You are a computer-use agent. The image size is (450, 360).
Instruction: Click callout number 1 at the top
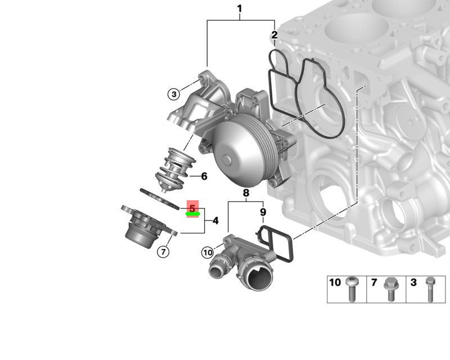tap(240, 8)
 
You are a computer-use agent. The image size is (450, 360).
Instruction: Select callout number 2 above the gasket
tap(274, 35)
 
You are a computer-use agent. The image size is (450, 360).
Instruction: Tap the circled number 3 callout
tap(174, 94)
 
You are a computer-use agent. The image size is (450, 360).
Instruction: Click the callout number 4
tap(215, 220)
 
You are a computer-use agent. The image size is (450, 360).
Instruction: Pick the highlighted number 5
tap(192, 208)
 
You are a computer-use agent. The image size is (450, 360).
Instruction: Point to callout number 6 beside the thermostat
tap(204, 176)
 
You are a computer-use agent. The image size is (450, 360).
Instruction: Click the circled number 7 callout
tap(163, 252)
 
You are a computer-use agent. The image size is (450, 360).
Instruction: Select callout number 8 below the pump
tap(246, 193)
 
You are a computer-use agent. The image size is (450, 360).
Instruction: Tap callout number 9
tap(263, 212)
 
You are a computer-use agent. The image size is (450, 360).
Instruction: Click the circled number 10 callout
tap(208, 253)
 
